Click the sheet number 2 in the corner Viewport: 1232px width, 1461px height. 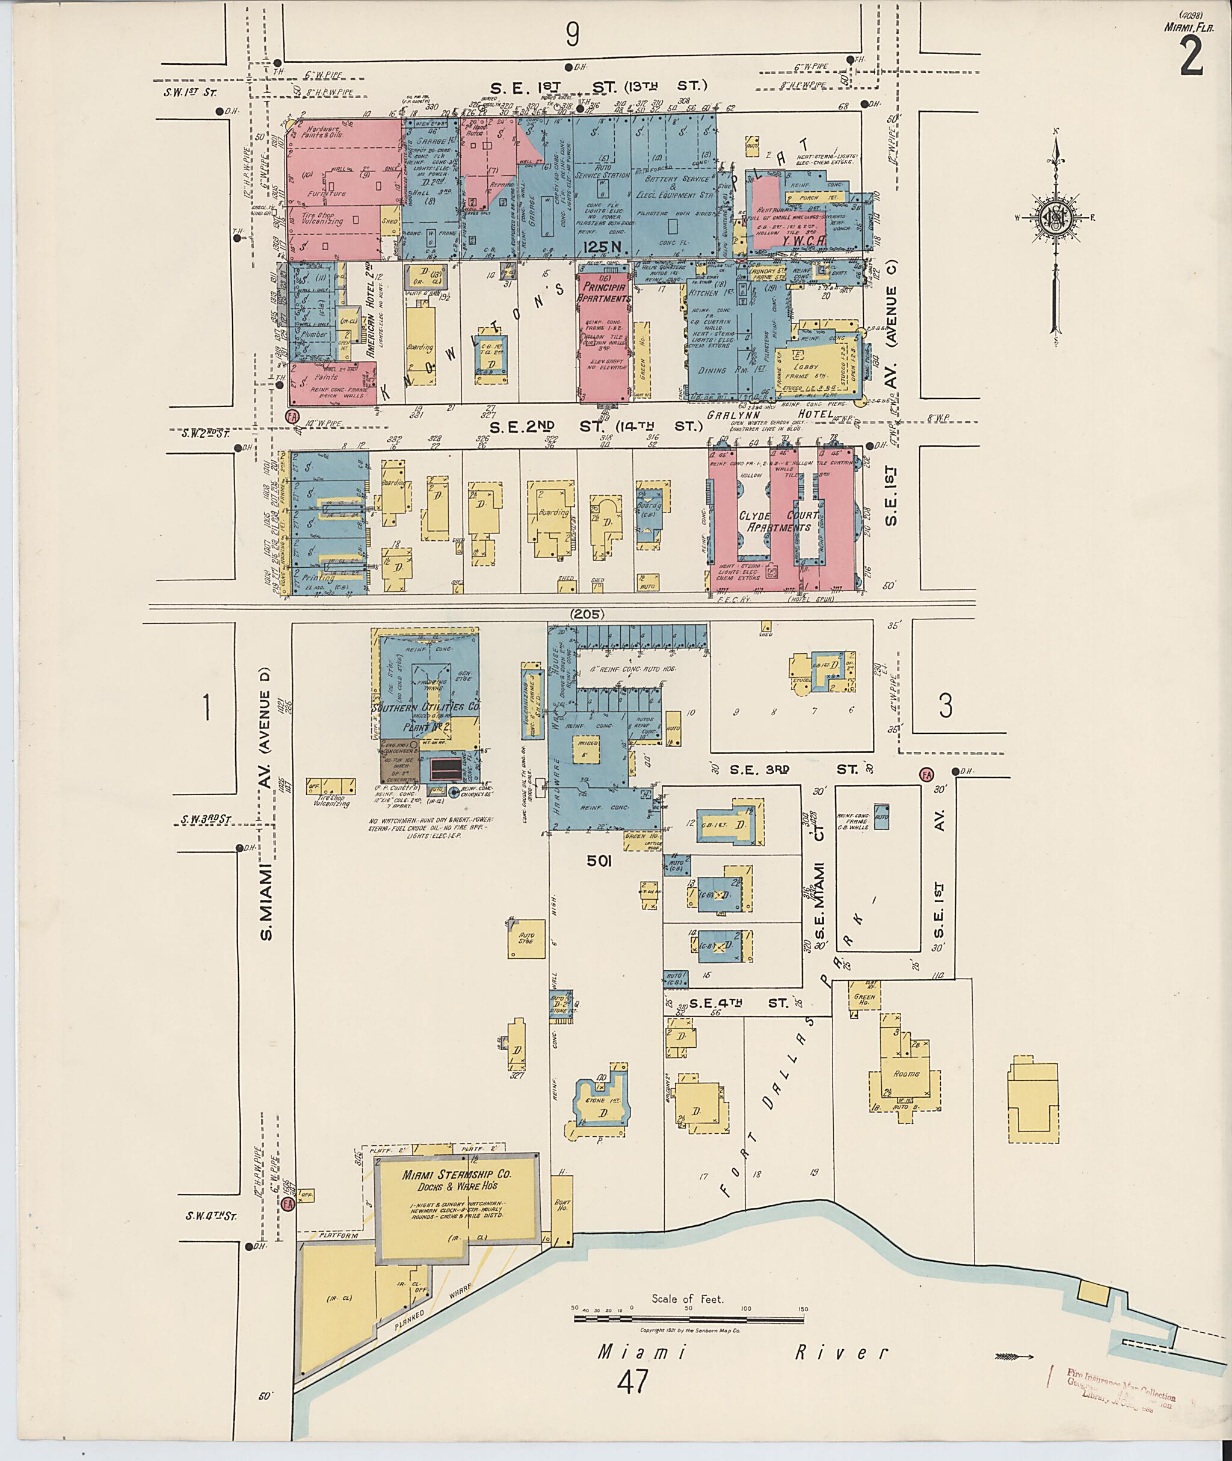pos(1192,57)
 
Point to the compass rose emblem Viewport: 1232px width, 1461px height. pos(1055,218)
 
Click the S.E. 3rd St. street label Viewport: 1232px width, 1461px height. pos(794,769)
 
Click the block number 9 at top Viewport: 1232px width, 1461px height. pos(573,34)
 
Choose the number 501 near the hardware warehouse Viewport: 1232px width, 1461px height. pos(599,862)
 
